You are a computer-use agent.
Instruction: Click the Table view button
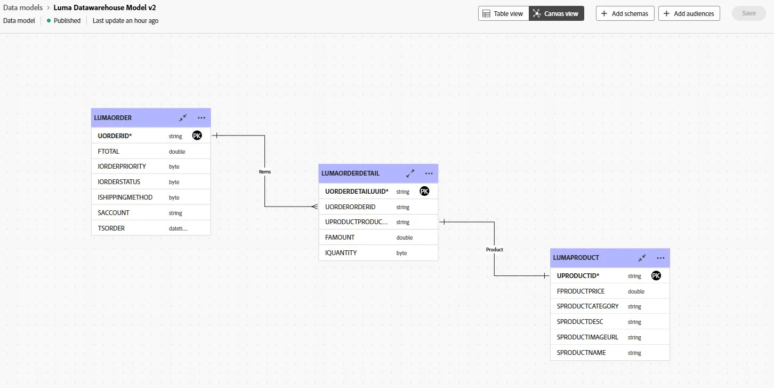[503, 13]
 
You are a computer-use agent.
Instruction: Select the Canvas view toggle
[557, 13]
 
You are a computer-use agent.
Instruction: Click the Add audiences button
[689, 13]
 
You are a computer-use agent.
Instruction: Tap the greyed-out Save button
[749, 13]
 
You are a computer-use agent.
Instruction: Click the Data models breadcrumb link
[23, 7]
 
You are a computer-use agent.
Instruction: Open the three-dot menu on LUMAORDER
[201, 118]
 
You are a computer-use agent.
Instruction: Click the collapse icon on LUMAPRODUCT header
[642, 258]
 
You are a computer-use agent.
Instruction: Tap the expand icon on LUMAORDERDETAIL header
[410, 173]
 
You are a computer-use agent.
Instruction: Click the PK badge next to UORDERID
[197, 136]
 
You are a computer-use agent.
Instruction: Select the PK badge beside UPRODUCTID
[656, 275]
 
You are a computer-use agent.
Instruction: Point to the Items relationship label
[265, 171]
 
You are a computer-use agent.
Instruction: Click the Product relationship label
[495, 249]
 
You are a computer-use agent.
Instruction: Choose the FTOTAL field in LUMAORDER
[109, 152]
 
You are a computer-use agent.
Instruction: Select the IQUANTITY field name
[341, 253]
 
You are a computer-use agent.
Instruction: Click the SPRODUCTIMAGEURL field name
[587, 337]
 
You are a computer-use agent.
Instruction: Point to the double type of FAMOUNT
[404, 237]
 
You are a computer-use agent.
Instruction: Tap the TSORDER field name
[111, 228]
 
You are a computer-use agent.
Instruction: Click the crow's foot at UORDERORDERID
[314, 207]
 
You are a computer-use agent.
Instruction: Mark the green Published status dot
[49, 21]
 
